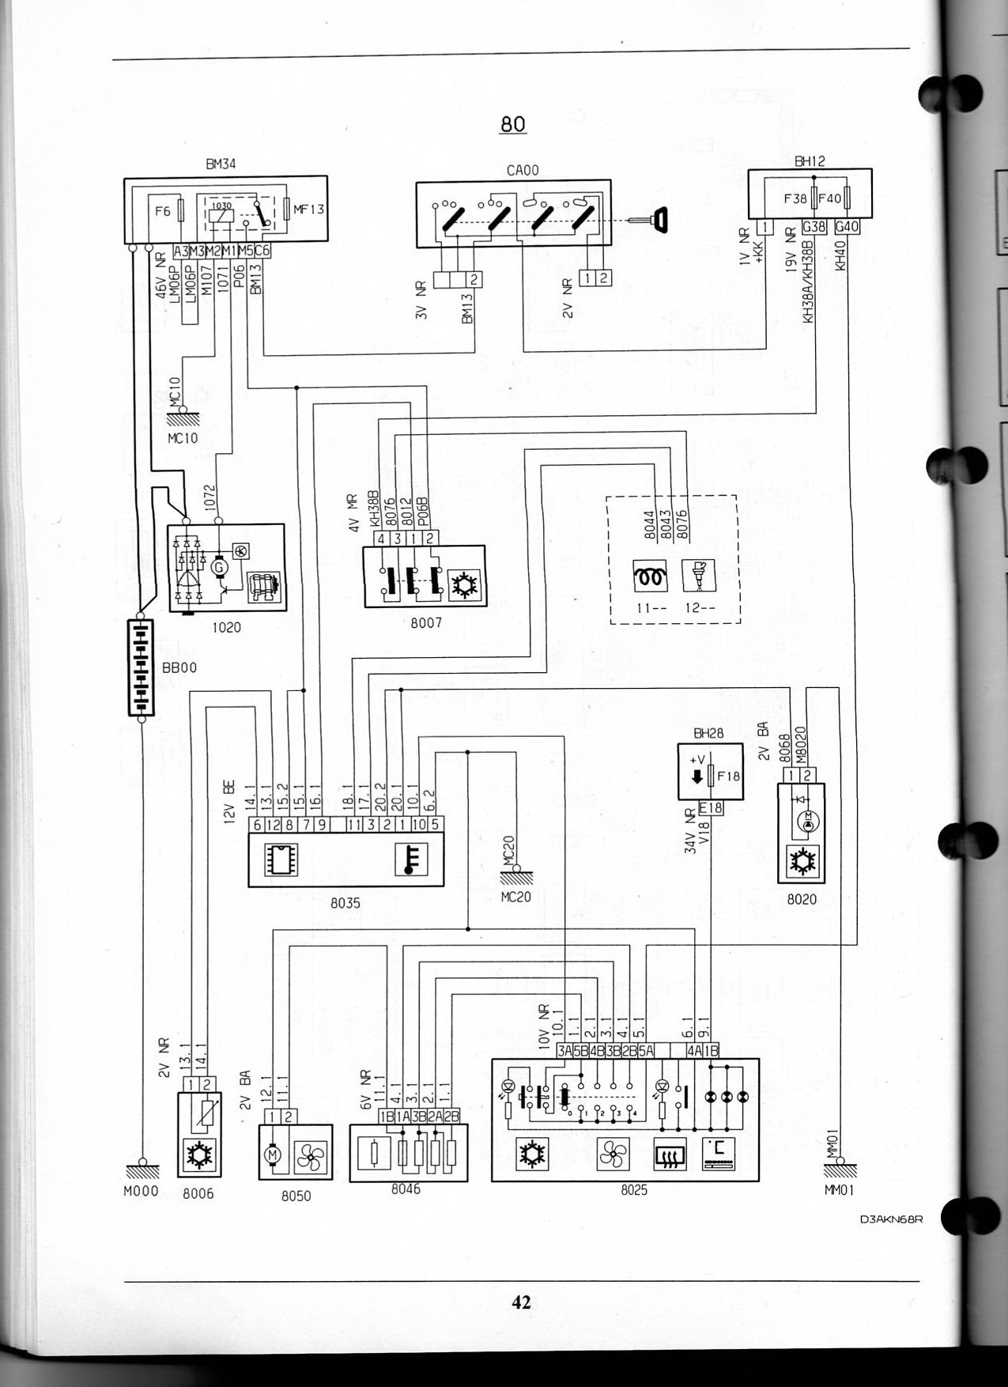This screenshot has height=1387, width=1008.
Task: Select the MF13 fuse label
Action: coord(308,210)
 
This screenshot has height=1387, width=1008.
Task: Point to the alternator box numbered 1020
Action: coord(226,568)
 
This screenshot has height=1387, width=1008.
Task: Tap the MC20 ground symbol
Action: coord(515,875)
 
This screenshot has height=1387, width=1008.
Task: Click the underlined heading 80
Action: coord(512,124)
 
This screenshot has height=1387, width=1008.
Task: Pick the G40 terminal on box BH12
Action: coord(847,227)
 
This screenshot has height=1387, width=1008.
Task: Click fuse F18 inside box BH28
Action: coord(713,777)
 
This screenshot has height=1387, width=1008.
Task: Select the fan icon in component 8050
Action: coord(309,1158)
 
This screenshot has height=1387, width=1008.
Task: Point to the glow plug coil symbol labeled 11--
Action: coord(650,576)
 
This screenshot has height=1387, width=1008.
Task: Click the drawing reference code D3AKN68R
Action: coord(891,1219)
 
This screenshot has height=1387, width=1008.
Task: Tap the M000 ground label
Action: coord(141,1191)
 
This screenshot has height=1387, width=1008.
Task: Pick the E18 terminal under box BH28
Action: coord(710,808)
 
